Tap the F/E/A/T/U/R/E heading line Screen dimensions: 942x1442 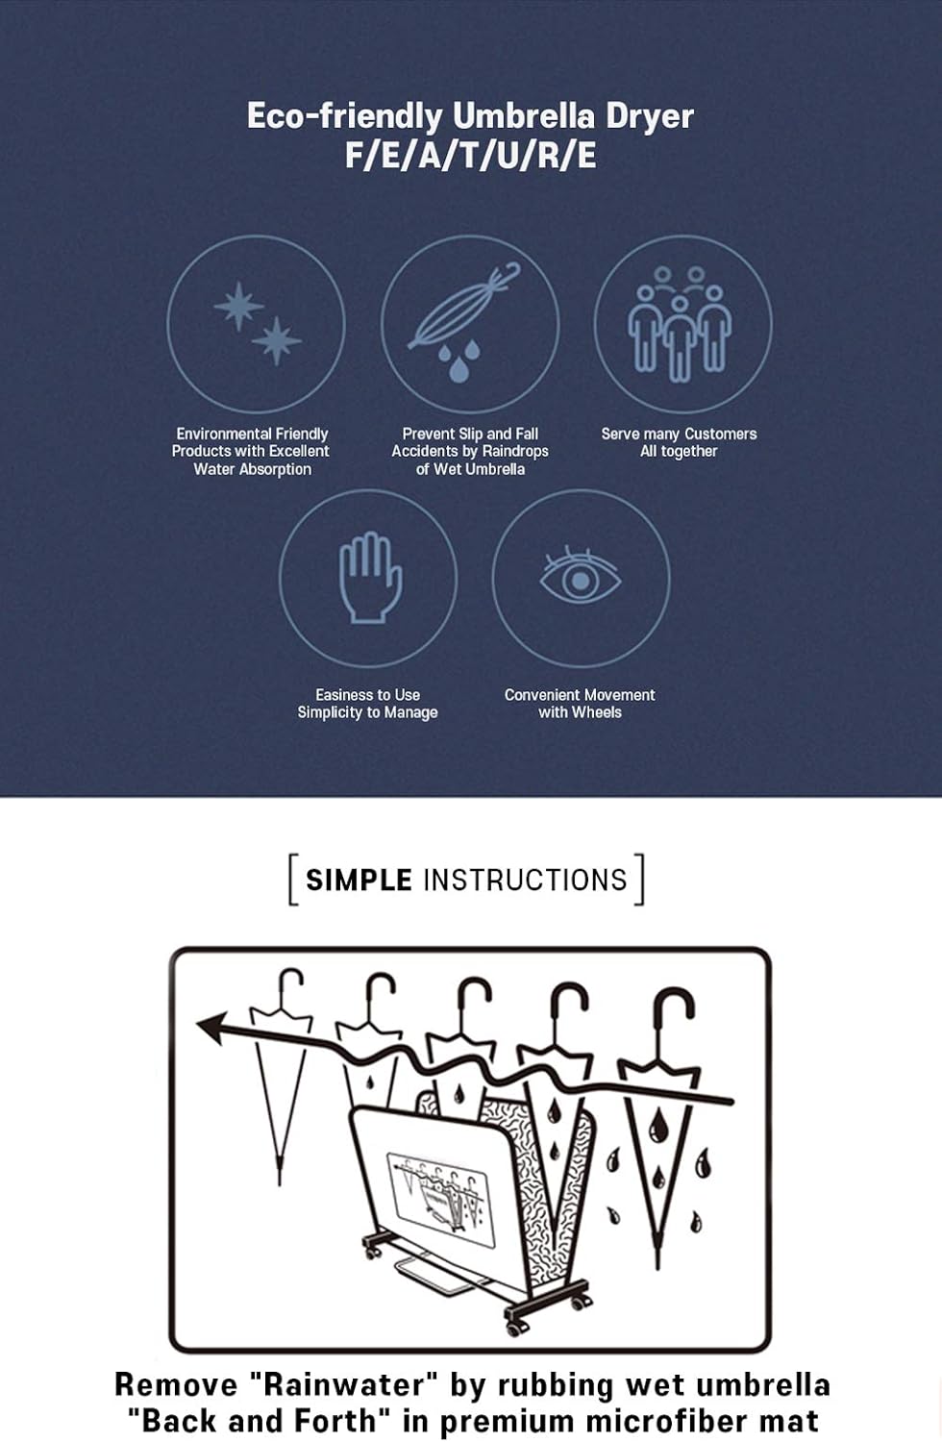470,157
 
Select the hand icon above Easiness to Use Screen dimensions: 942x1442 370,578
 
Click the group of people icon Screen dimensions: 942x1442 680,324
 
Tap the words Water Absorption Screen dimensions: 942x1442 253,469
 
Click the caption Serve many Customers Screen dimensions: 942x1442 679,434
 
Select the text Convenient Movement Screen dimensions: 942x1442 580,695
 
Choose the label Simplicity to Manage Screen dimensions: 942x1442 367,712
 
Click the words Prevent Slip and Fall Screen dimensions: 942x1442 470,434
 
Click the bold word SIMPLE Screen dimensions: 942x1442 359,880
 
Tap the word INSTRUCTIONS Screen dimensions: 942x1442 525,880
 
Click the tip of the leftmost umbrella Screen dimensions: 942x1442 280,1181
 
